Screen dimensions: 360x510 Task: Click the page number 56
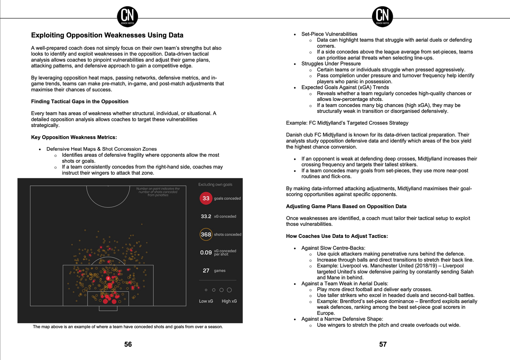point(128,344)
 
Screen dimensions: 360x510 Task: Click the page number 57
point(383,344)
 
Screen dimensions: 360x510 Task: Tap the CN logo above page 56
point(127,17)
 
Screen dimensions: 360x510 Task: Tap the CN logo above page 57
point(383,17)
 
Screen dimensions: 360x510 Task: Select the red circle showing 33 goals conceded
point(206,198)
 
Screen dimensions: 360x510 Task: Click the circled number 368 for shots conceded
point(206,234)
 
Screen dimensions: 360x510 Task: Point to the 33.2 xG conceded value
point(206,216)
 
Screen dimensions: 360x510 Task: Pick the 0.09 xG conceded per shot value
point(206,252)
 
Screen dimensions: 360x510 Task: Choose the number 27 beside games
point(206,271)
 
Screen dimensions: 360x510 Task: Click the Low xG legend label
point(206,301)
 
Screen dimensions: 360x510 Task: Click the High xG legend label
point(229,301)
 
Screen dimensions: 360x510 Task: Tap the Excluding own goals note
point(215,185)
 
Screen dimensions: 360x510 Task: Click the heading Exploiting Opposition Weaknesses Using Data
point(107,35)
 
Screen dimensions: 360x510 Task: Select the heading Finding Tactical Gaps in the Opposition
point(80,102)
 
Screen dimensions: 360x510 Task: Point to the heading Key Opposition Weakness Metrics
point(74,137)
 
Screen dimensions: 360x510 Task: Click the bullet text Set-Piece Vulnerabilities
point(329,34)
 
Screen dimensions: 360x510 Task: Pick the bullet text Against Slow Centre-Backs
point(333,248)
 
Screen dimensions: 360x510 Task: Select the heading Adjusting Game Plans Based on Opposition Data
point(346,206)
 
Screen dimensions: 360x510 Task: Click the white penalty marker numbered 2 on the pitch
point(108,278)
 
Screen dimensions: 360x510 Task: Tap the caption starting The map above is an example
point(128,327)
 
